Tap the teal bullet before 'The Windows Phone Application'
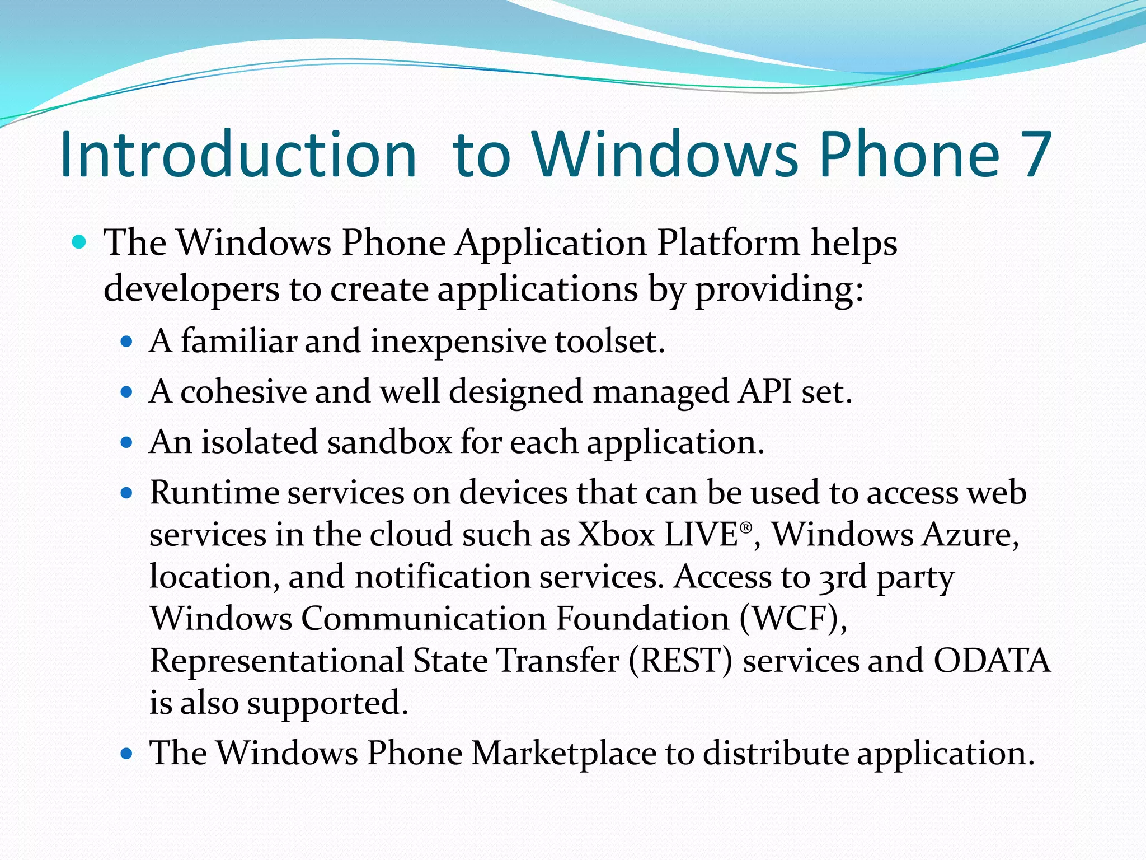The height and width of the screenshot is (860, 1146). [79, 242]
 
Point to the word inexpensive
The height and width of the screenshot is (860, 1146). [458, 341]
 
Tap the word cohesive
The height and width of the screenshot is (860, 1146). [243, 391]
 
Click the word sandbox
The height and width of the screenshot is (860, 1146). [389, 442]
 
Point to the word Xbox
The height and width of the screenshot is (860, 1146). [616, 535]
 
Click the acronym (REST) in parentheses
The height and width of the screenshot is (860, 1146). [680, 661]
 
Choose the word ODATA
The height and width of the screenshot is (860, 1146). [992, 661]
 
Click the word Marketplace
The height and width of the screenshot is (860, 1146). [563, 753]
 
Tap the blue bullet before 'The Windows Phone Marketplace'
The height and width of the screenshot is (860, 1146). [127, 754]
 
